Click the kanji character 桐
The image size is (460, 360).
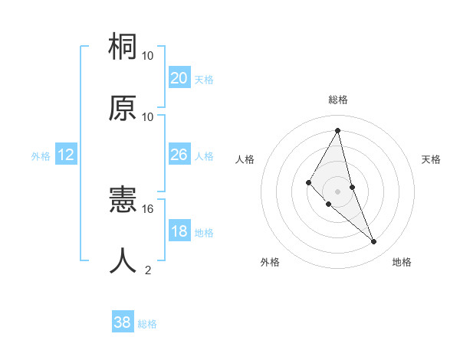(x=123, y=47)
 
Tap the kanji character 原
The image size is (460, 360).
(x=123, y=108)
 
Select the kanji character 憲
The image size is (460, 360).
(x=123, y=201)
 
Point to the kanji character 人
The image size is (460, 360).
(x=123, y=261)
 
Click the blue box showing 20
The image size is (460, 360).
(x=179, y=78)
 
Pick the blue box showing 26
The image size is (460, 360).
(x=179, y=155)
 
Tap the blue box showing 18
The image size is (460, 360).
(x=179, y=231)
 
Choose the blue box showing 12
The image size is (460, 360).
(x=66, y=155)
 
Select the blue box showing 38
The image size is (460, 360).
(x=123, y=322)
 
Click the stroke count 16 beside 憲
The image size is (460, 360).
(x=148, y=208)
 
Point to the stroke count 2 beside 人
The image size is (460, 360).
(x=148, y=270)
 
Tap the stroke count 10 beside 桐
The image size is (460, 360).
(x=148, y=56)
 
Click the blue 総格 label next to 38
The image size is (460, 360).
(x=147, y=324)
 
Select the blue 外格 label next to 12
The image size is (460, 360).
(x=41, y=156)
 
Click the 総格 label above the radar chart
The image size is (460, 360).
(x=337, y=100)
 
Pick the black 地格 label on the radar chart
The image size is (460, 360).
(x=402, y=262)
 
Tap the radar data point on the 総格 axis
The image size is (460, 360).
(x=337, y=130)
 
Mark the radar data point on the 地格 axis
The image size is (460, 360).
(x=374, y=242)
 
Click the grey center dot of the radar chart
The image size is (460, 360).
(x=337, y=191)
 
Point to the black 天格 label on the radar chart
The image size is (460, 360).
(x=431, y=159)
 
